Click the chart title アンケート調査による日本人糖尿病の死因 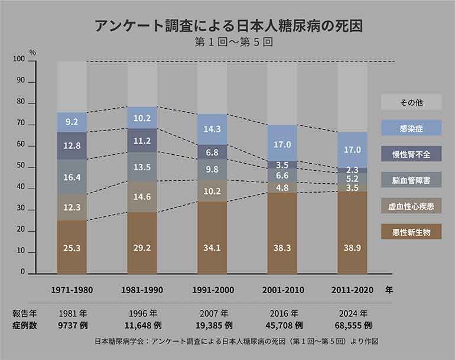pos(228,26)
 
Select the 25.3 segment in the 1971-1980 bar pos(72,247)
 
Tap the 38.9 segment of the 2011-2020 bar pos(353,232)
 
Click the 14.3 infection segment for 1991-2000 pos(212,129)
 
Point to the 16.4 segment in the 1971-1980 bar pos(72,177)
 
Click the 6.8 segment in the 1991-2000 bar pos(212,152)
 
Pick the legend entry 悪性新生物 pos(411,231)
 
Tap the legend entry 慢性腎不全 pos(411,154)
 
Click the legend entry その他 pos(411,103)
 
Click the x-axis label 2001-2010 pos(282,291)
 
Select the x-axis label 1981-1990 pos(142,291)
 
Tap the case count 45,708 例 pos(282,325)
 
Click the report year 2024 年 pos(353,313)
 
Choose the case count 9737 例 pos(72,325)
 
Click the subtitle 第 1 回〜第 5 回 pos(228,43)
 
